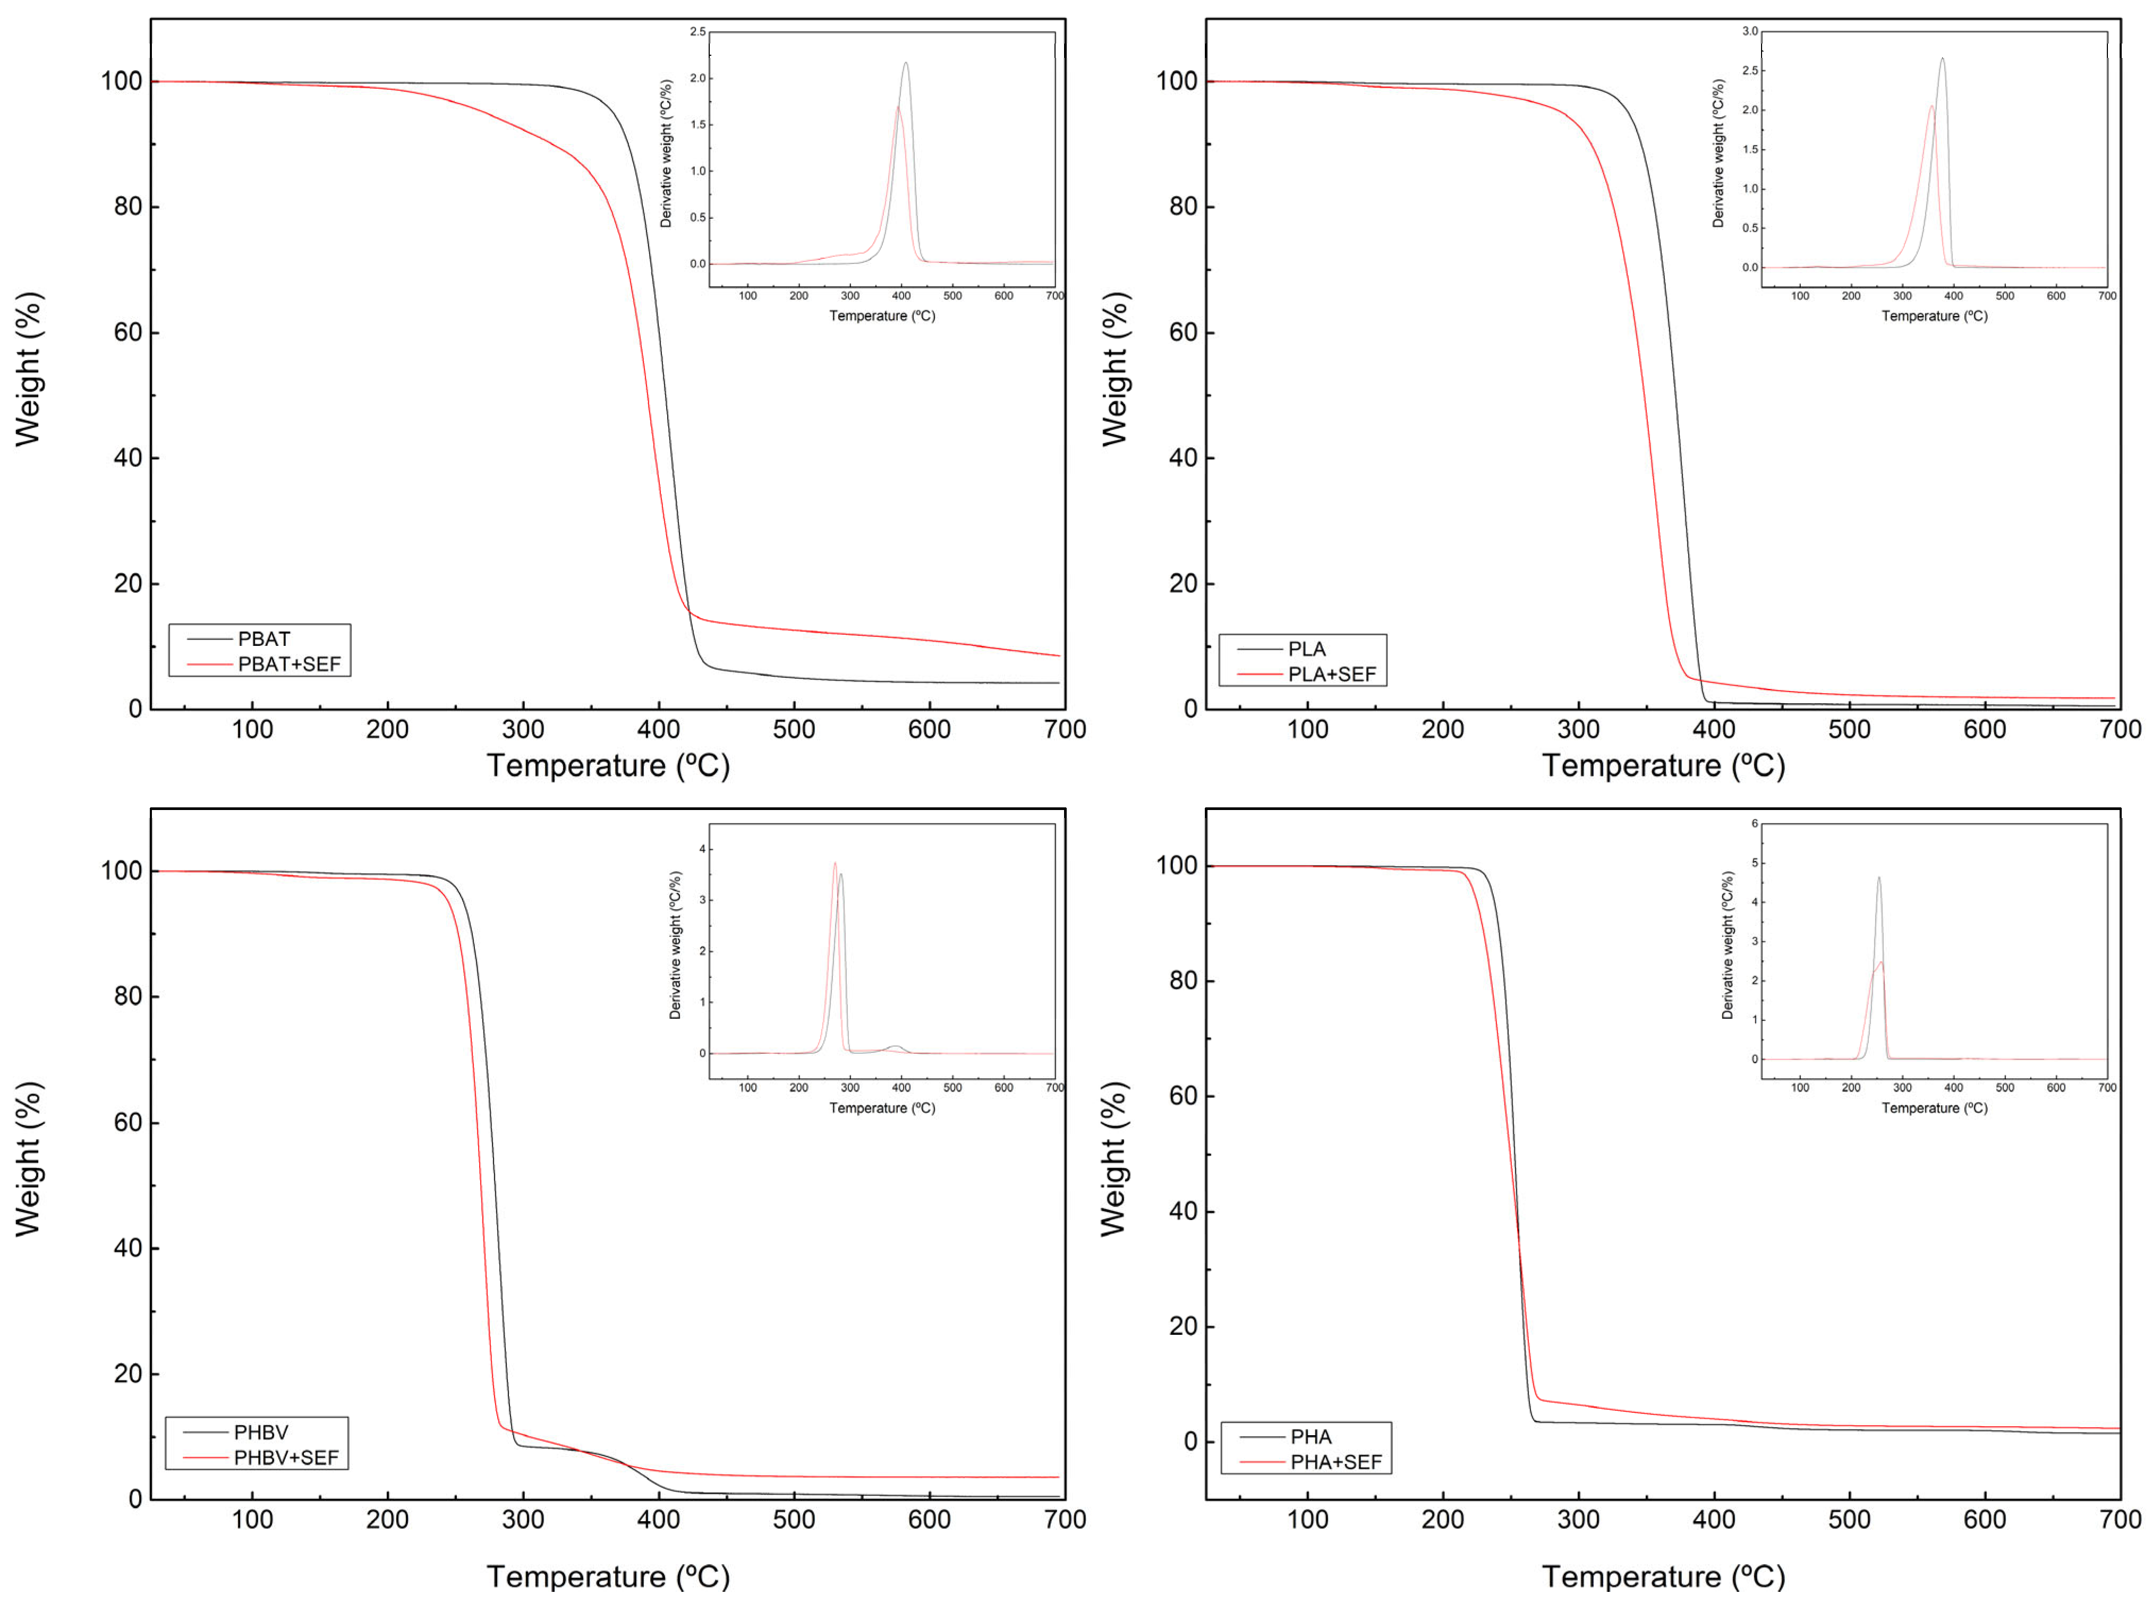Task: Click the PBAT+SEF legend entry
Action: click(x=288, y=664)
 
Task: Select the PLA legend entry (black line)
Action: click(x=1306, y=649)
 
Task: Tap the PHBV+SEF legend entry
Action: click(x=285, y=1457)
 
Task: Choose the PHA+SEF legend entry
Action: click(x=1335, y=1462)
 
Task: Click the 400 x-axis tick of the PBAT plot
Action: click(x=659, y=730)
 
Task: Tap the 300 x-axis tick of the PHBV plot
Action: click(x=523, y=1520)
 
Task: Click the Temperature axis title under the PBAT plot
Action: click(x=608, y=765)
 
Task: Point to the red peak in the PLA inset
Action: click(x=1931, y=107)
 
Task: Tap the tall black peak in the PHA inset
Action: click(x=1878, y=879)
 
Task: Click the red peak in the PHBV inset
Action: click(x=835, y=863)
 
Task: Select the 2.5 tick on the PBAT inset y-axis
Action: click(x=698, y=32)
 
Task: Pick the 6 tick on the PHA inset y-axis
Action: click(x=1754, y=824)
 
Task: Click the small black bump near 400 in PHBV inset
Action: click(x=895, y=1047)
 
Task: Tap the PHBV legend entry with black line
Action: click(x=261, y=1432)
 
